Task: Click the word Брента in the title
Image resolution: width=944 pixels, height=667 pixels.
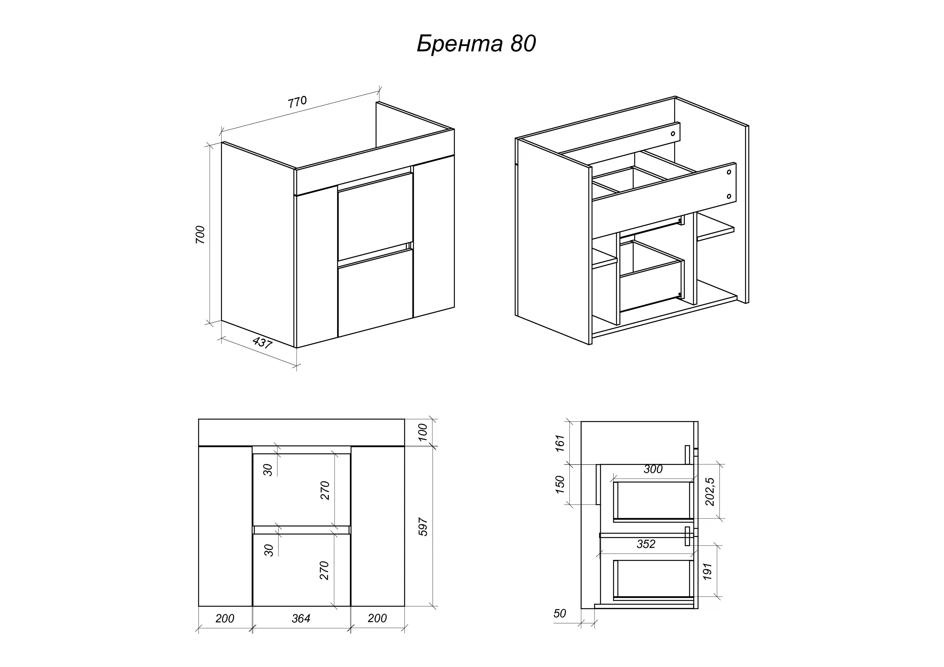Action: pyautogui.click(x=460, y=44)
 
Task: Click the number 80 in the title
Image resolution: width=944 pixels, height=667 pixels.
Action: pyautogui.click(x=523, y=44)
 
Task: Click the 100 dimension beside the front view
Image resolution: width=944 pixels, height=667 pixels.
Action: pyautogui.click(x=423, y=433)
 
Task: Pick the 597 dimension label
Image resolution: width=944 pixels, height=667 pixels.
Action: pyautogui.click(x=423, y=527)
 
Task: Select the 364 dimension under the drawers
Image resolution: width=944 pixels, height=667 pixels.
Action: pyautogui.click(x=301, y=618)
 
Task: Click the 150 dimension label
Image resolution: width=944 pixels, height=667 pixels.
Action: pyautogui.click(x=560, y=485)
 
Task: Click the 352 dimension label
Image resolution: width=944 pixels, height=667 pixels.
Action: pyautogui.click(x=646, y=544)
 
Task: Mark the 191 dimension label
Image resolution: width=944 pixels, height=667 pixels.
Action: pyautogui.click(x=707, y=571)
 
